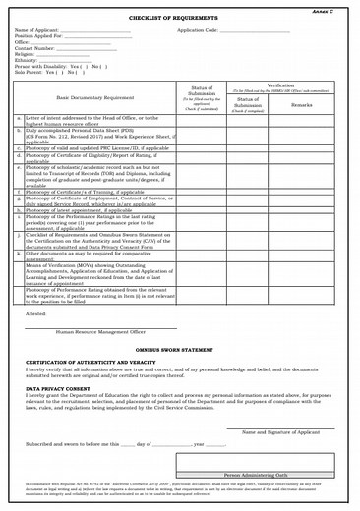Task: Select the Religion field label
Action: [26, 54]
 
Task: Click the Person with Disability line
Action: [47, 66]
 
